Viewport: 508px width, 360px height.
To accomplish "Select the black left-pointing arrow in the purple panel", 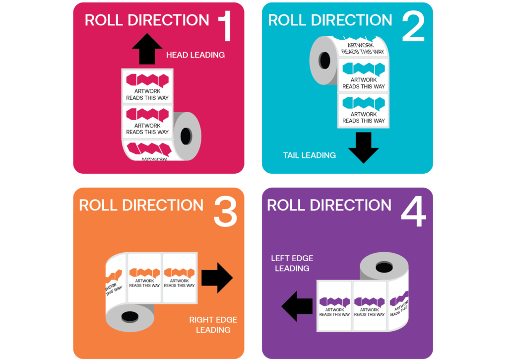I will pyautogui.click(x=297, y=306).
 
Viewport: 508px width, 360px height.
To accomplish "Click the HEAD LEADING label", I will pyautogui.click(x=195, y=55).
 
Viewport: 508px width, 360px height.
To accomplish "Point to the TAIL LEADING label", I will pyautogui.click(x=309, y=155).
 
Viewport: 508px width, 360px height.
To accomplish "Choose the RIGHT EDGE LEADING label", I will pyautogui.click(x=213, y=325).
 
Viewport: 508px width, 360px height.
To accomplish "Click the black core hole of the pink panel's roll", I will pyautogui.click(x=186, y=136).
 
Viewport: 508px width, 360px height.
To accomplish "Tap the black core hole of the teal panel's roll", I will pyautogui.click(x=325, y=61).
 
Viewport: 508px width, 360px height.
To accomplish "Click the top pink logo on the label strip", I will pyautogui.click(x=147, y=80).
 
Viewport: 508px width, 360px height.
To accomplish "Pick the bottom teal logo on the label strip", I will pyautogui.click(x=364, y=103).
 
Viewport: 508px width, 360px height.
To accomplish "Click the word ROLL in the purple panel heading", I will pyautogui.click(x=284, y=205).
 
